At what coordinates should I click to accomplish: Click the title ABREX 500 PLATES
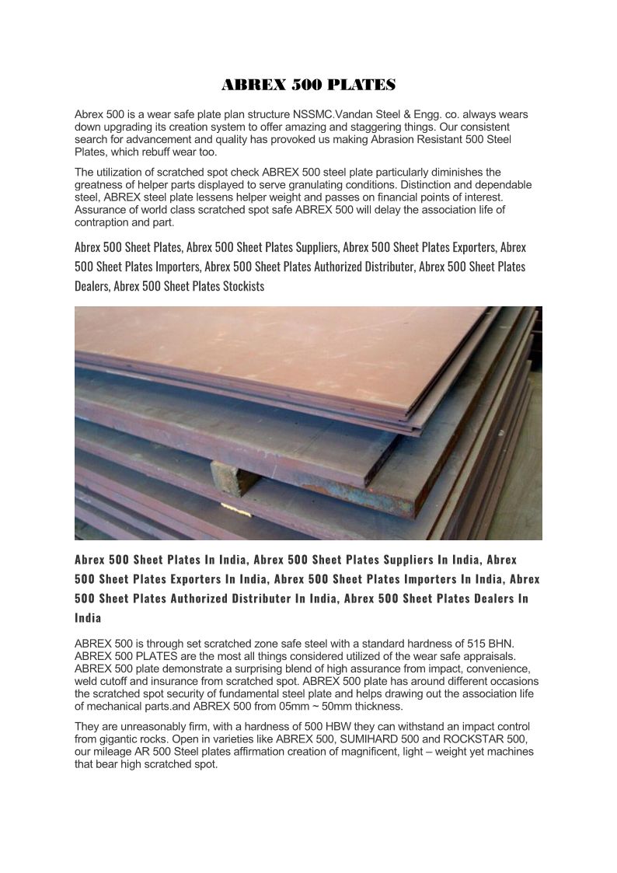pos(308,84)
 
